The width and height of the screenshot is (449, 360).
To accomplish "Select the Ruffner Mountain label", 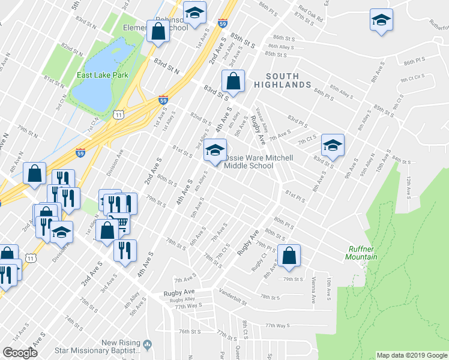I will (363, 253).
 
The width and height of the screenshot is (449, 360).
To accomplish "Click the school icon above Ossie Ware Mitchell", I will (214, 151).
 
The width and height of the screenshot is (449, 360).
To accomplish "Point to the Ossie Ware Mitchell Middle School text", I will (258, 162).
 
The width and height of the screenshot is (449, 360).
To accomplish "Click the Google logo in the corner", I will (20, 353).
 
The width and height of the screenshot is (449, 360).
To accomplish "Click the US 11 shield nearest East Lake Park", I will (119, 113).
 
